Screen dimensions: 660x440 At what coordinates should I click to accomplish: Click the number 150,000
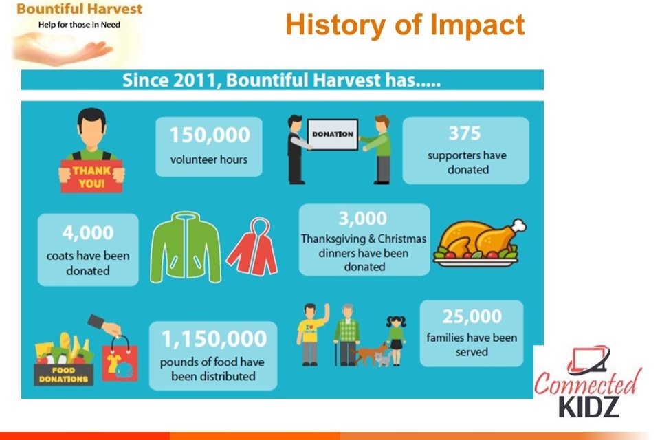(210, 135)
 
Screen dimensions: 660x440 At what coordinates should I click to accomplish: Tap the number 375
(465, 133)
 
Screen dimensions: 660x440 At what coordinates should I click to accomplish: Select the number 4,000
(88, 233)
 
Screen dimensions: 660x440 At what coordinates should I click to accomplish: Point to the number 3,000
(363, 219)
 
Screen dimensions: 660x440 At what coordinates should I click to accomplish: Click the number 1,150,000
(214, 338)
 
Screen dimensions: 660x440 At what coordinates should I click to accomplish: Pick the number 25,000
(472, 316)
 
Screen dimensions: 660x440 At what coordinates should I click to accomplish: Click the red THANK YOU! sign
(91, 177)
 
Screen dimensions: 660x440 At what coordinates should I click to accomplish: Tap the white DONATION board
(333, 134)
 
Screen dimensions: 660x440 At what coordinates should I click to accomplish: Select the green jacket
(186, 247)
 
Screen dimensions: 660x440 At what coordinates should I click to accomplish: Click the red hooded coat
(252, 248)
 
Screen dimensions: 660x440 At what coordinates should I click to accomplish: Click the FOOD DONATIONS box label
(63, 375)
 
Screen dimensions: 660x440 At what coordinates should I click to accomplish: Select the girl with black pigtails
(396, 340)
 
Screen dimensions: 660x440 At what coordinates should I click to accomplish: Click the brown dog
(369, 353)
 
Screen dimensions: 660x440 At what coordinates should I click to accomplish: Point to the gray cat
(383, 359)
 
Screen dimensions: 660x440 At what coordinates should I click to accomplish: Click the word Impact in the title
(477, 25)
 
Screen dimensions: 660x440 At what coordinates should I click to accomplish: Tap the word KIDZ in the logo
(589, 406)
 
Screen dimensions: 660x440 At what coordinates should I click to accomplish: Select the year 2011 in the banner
(194, 80)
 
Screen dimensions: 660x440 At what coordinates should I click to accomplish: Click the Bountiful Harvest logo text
(80, 9)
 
